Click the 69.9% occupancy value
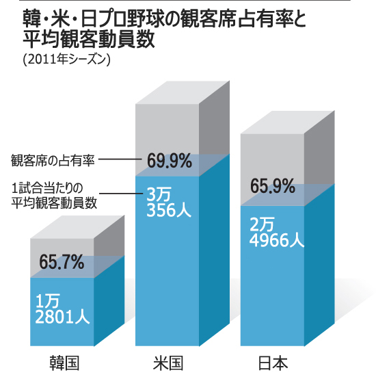pos(169,161)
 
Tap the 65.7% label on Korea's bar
pos(62,261)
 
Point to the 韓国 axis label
pos(65,362)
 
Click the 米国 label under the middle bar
pos(169,362)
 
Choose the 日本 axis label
pos(273,362)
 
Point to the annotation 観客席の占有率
pos(53,161)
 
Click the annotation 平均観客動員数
pos(54,202)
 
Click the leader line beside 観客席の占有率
pos(122,161)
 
